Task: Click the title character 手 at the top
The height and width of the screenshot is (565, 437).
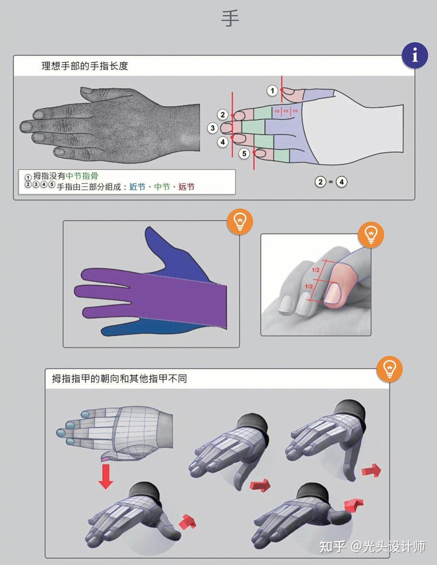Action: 230,19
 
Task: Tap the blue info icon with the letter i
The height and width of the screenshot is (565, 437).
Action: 414,55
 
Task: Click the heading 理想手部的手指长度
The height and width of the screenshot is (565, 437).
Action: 85,66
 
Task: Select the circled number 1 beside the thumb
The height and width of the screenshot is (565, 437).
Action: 272,91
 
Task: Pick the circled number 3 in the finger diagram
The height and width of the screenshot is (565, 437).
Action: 213,128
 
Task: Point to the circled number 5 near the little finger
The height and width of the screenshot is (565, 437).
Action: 244,154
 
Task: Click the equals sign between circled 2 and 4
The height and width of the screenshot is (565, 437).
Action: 331,182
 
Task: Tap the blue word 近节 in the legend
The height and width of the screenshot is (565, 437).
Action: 137,187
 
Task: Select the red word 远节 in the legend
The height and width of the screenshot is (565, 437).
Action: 187,187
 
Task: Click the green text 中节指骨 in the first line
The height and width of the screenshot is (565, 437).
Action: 82,176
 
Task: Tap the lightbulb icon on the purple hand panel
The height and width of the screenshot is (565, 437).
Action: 240,222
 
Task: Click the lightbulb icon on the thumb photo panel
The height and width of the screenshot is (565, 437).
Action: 371,234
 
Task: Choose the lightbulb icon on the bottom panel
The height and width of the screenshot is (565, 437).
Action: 389,369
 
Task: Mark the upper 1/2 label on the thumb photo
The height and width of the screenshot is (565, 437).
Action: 316,270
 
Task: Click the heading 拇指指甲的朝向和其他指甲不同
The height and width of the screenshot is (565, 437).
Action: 119,379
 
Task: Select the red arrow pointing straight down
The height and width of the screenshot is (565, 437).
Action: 106,476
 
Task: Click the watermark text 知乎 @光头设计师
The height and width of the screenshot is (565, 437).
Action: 372,546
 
